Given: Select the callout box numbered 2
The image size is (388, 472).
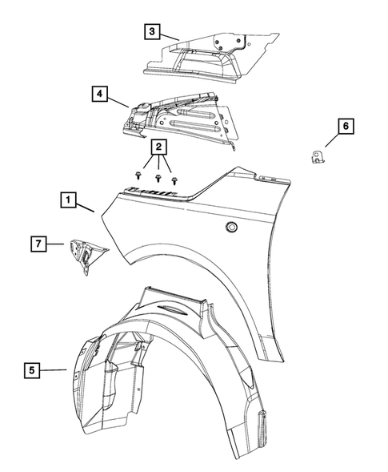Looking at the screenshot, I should click(159, 147).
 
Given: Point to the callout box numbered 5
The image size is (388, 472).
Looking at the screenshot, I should click(32, 369).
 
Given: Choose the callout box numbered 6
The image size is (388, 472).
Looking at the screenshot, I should click(345, 126).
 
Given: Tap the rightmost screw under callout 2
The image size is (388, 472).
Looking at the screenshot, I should click(174, 180).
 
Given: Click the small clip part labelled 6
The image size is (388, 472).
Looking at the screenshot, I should click(317, 154).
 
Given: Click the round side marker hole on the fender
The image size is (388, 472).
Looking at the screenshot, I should click(230, 229).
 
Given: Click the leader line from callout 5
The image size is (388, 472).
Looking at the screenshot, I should click(54, 370).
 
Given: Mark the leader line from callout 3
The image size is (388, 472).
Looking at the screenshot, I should click(169, 35).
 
